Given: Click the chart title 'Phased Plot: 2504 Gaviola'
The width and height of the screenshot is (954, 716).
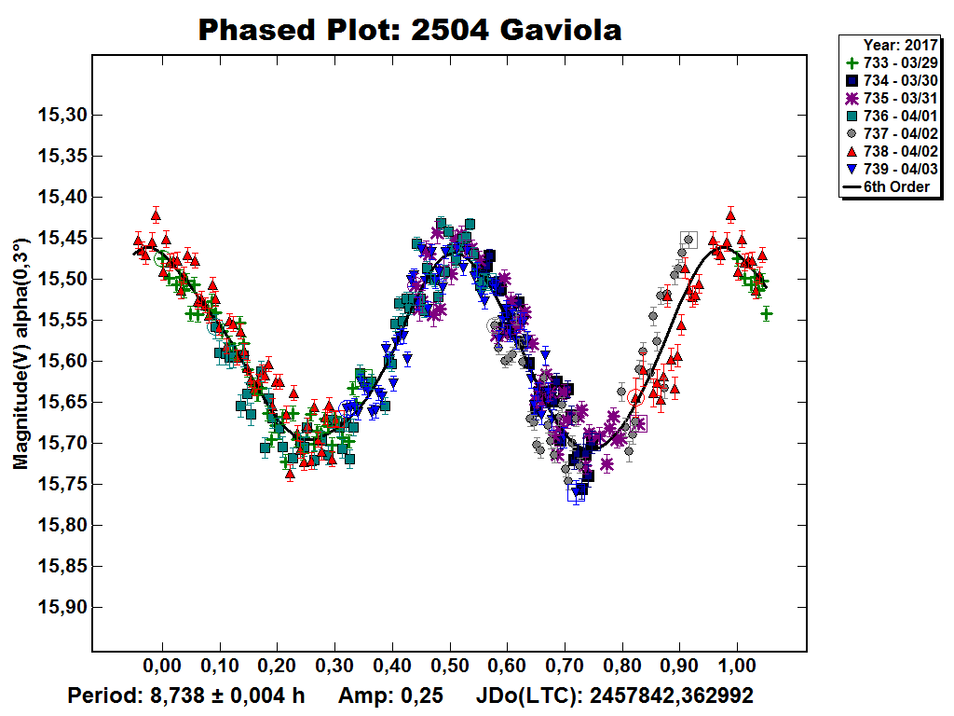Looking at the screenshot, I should [410, 30].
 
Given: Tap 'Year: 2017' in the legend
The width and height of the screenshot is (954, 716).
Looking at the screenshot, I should [900, 44].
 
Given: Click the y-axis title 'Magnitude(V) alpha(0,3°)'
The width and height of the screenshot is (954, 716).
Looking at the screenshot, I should [20, 353].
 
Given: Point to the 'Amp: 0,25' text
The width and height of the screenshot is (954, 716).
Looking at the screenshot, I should [389, 695].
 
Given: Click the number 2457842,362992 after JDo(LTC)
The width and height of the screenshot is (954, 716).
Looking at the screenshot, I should [672, 695].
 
